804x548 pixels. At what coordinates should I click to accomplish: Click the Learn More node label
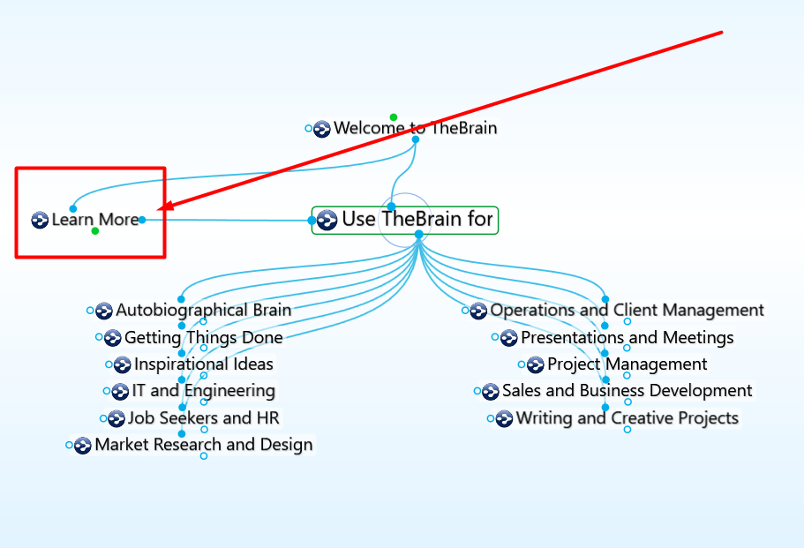pyautogui.click(x=95, y=220)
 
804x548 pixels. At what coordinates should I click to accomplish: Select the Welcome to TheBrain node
pyautogui.click(x=416, y=129)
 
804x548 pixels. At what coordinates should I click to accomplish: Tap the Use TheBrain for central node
pyautogui.click(x=417, y=220)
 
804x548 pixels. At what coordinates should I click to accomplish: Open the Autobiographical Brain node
pyautogui.click(x=203, y=311)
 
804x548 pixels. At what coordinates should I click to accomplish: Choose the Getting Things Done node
pyautogui.click(x=203, y=338)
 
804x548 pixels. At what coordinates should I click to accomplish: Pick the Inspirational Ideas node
pyautogui.click(x=203, y=364)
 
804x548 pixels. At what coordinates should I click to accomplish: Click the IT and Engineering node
pyautogui.click(x=203, y=391)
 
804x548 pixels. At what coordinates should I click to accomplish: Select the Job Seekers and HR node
pyautogui.click(x=203, y=418)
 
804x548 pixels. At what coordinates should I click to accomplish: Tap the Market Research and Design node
pyautogui.click(x=203, y=445)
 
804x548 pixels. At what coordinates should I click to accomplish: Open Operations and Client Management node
pyautogui.click(x=627, y=311)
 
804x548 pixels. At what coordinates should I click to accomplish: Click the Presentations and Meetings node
pyautogui.click(x=627, y=338)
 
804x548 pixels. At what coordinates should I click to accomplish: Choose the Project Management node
pyautogui.click(x=627, y=364)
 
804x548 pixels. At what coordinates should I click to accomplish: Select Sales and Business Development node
pyautogui.click(x=627, y=391)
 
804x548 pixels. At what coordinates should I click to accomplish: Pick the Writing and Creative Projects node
pyautogui.click(x=627, y=418)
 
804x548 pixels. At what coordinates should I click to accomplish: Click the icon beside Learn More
pyautogui.click(x=40, y=220)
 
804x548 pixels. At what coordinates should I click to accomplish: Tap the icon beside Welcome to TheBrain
pyautogui.click(x=322, y=129)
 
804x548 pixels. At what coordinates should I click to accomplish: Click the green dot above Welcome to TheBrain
pyautogui.click(x=394, y=117)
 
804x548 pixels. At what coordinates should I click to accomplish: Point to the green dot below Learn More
pyautogui.click(x=95, y=231)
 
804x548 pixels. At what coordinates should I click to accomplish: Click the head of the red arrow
pyautogui.click(x=160, y=210)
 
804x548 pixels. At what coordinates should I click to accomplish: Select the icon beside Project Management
pyautogui.click(x=536, y=365)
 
